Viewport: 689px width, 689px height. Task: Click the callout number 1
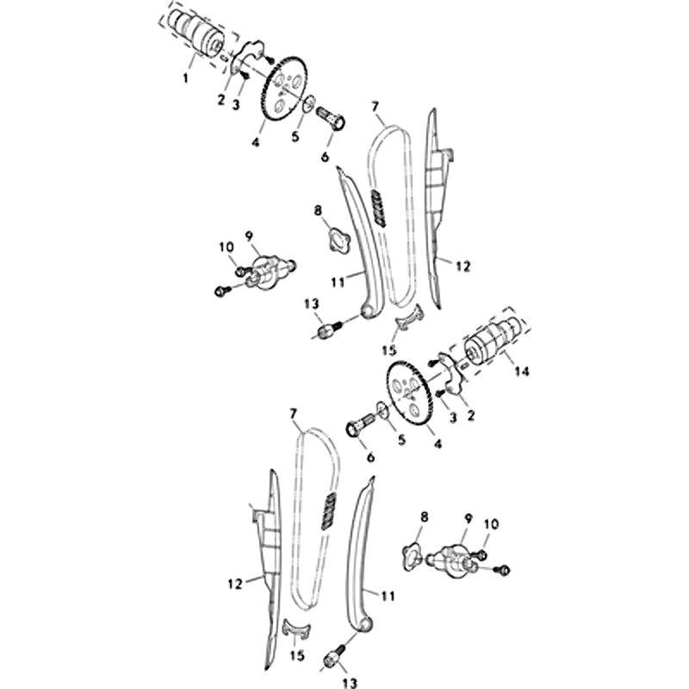tap(185, 78)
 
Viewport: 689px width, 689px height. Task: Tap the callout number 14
tap(522, 371)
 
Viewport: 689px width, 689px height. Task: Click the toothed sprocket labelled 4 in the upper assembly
tap(283, 88)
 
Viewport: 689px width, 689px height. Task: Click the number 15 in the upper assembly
tap(389, 351)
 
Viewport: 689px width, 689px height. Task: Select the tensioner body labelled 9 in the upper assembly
tap(269, 272)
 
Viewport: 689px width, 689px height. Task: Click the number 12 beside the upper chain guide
tap(462, 266)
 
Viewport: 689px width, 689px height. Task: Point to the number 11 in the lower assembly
tap(388, 596)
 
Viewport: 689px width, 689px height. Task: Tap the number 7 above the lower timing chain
tap(293, 413)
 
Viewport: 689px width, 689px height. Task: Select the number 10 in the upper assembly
tap(227, 247)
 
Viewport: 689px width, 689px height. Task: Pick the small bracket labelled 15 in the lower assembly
tap(296, 628)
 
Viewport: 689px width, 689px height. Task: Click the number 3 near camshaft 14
tap(453, 417)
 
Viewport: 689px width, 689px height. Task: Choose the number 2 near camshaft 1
tap(221, 100)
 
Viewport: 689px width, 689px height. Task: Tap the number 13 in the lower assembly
tap(350, 683)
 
